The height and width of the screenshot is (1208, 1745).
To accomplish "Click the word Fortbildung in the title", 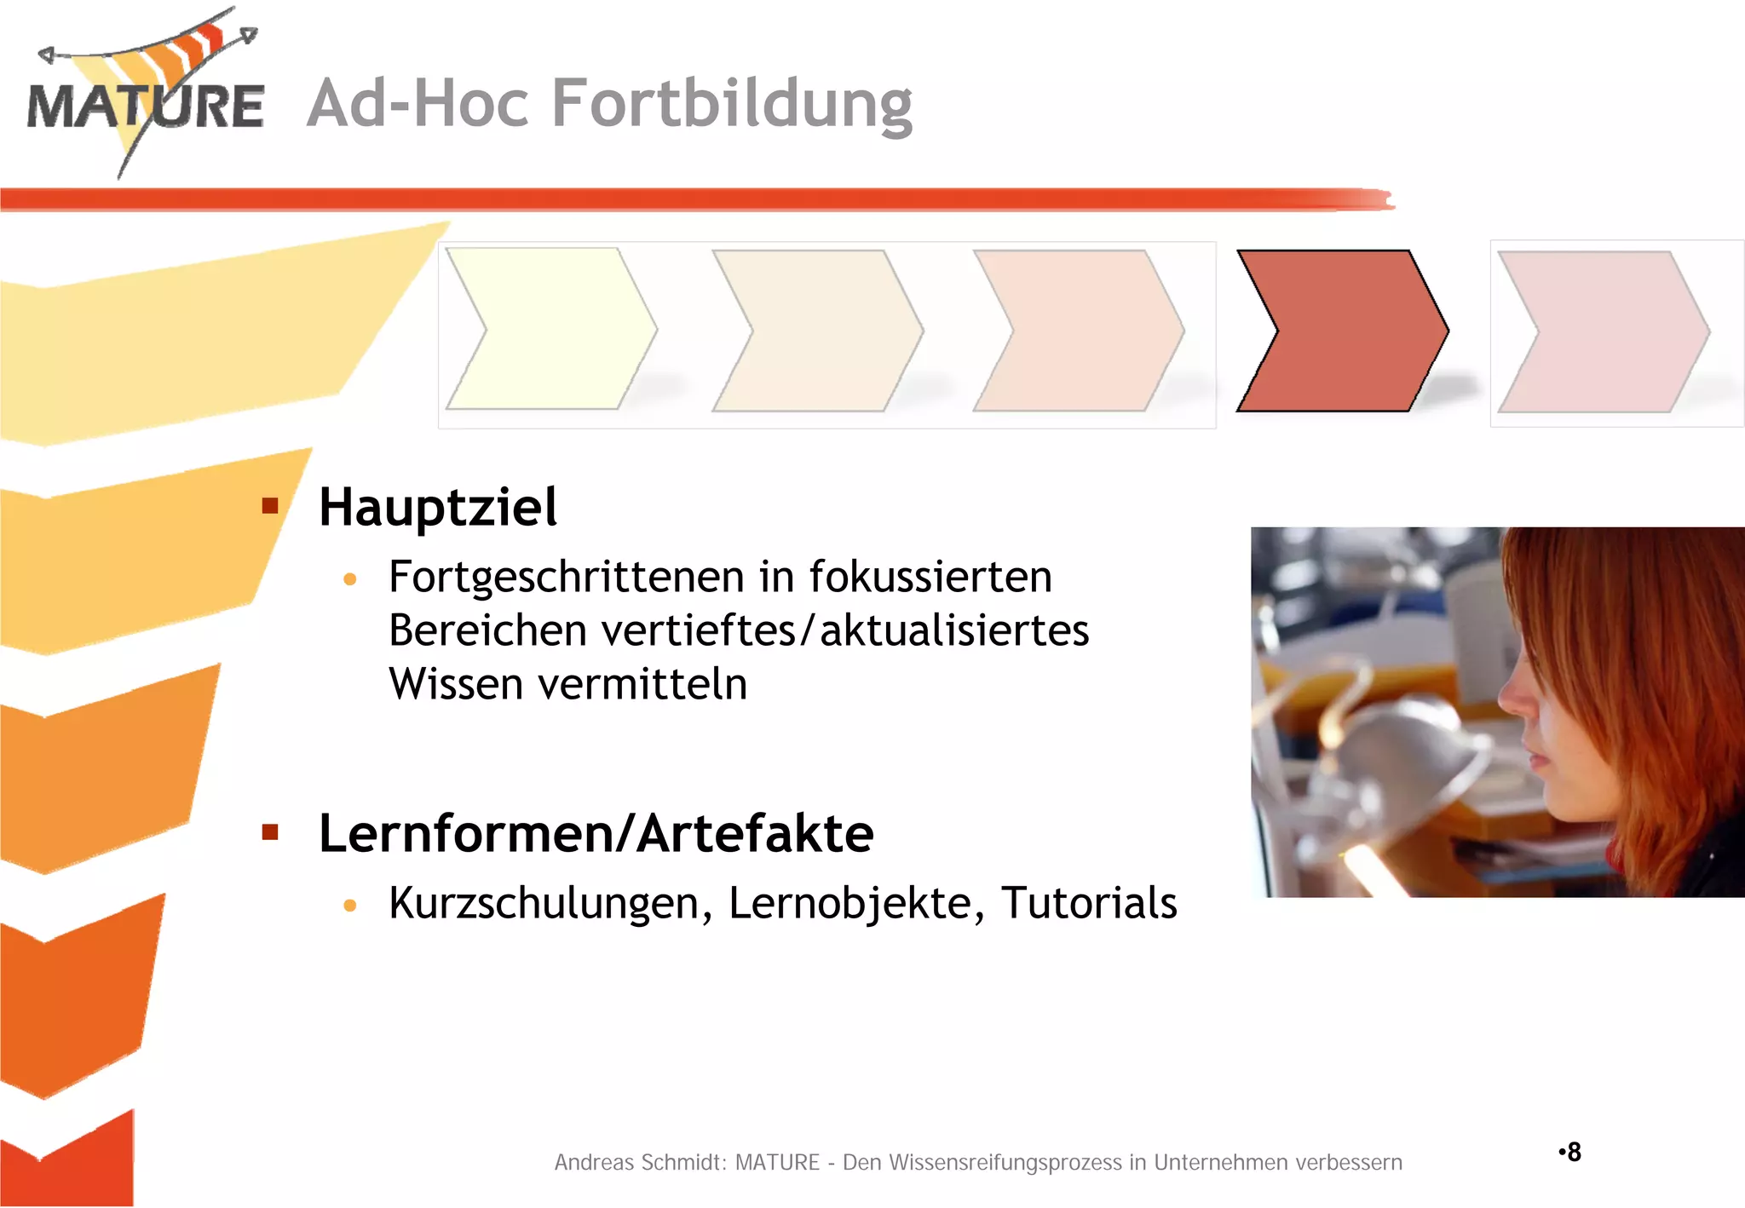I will [x=732, y=104].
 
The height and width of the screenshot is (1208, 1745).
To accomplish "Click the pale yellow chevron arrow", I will [x=550, y=329].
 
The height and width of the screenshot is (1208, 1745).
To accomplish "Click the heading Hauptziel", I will [x=438, y=508].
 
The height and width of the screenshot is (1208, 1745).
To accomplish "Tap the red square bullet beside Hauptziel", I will [x=270, y=507].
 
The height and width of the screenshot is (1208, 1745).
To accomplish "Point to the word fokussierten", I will [x=930, y=577].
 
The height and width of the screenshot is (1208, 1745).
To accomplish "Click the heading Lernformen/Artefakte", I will [x=596, y=833].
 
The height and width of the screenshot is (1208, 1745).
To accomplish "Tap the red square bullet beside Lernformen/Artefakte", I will [x=270, y=832].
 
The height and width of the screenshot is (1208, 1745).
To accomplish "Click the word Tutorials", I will [x=1088, y=903].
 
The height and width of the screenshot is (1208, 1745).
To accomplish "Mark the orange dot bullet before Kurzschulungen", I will [x=349, y=906].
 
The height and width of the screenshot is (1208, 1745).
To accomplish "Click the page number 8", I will [x=1573, y=1152].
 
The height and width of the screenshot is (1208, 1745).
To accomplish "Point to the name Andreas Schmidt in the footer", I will [x=636, y=1163].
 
